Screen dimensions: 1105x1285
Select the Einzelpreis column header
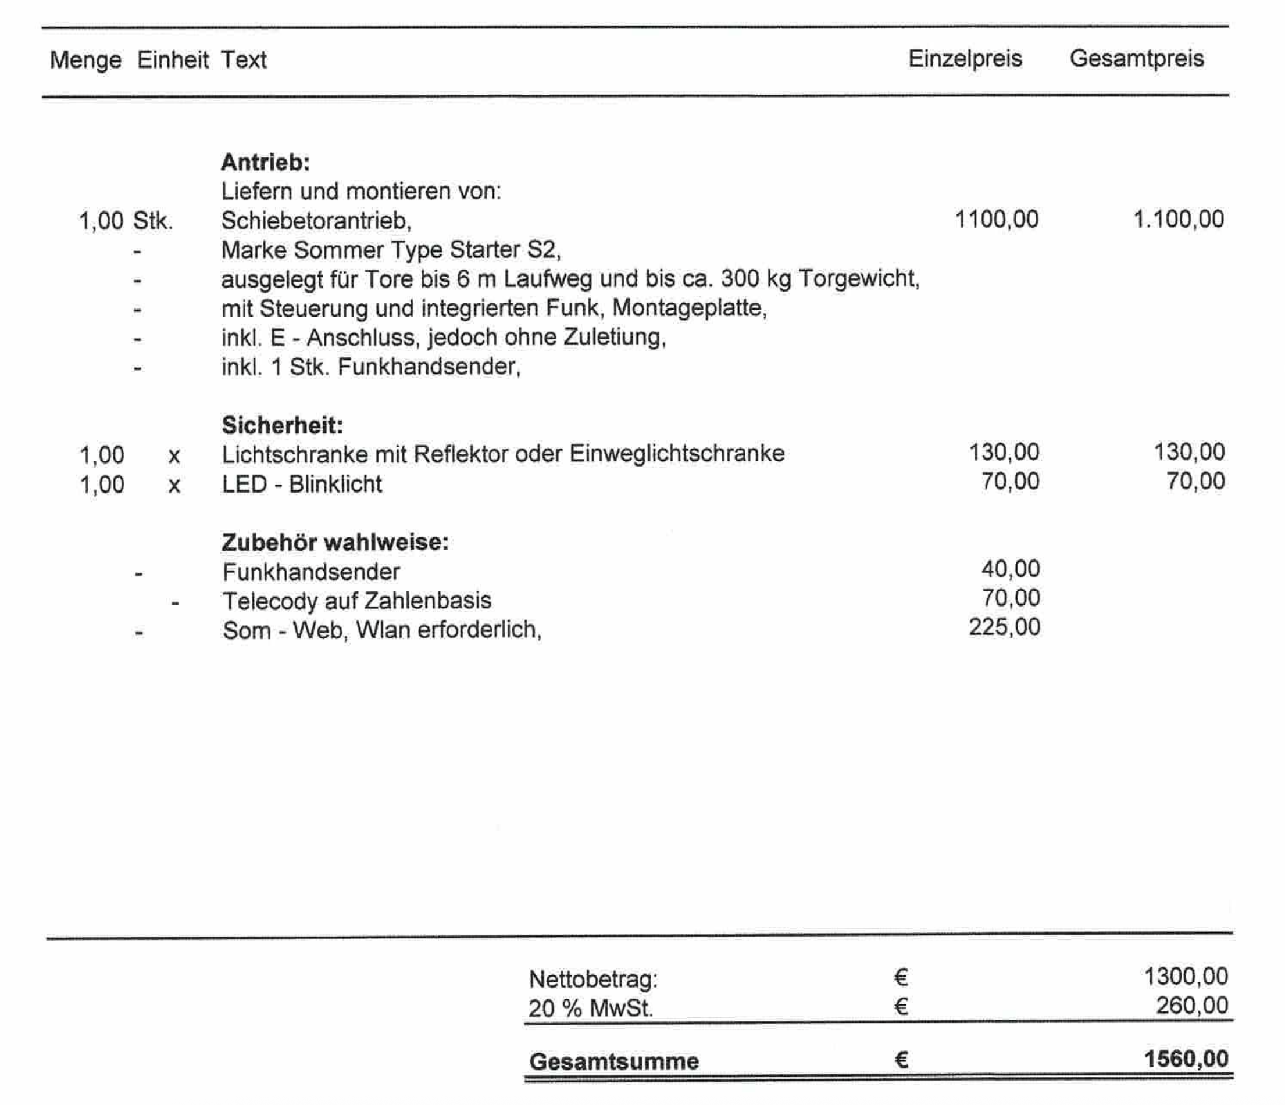[x=965, y=59]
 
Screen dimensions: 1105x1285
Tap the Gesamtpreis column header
[x=1136, y=59]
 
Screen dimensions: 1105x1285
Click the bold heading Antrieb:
[x=265, y=162]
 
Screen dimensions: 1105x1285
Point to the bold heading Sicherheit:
[x=282, y=425]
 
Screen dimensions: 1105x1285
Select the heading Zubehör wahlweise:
[x=335, y=542]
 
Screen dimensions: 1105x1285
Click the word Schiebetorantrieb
[x=315, y=221]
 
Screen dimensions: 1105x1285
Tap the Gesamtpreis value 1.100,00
[x=1179, y=220]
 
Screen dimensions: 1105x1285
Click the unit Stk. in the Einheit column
[x=152, y=221]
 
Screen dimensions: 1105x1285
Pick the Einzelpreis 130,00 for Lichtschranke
[x=1004, y=453]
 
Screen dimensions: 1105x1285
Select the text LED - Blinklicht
[x=302, y=484]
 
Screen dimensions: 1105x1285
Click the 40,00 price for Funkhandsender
[x=1010, y=569]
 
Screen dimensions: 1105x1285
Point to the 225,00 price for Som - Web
[x=1004, y=627]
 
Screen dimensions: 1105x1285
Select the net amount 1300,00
[x=1185, y=977]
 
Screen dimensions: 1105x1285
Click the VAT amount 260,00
[x=1191, y=1005]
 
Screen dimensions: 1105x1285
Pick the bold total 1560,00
[x=1186, y=1059]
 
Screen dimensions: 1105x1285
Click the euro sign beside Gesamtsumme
[x=901, y=1060]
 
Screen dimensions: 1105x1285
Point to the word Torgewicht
[x=858, y=279]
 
